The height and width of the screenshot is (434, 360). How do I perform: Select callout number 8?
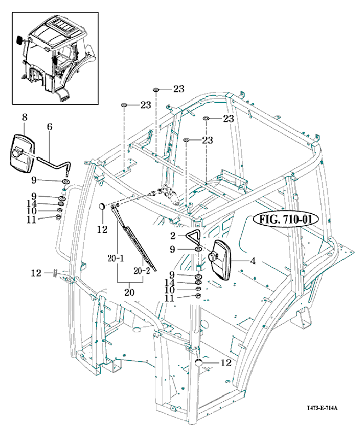click(24, 117)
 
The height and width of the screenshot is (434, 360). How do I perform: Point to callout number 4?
click(252, 261)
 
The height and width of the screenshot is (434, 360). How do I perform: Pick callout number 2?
click(172, 237)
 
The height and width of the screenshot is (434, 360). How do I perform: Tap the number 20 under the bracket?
click(129, 292)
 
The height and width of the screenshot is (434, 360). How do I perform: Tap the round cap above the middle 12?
click(101, 207)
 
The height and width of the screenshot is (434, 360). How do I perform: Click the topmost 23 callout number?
click(179, 89)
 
